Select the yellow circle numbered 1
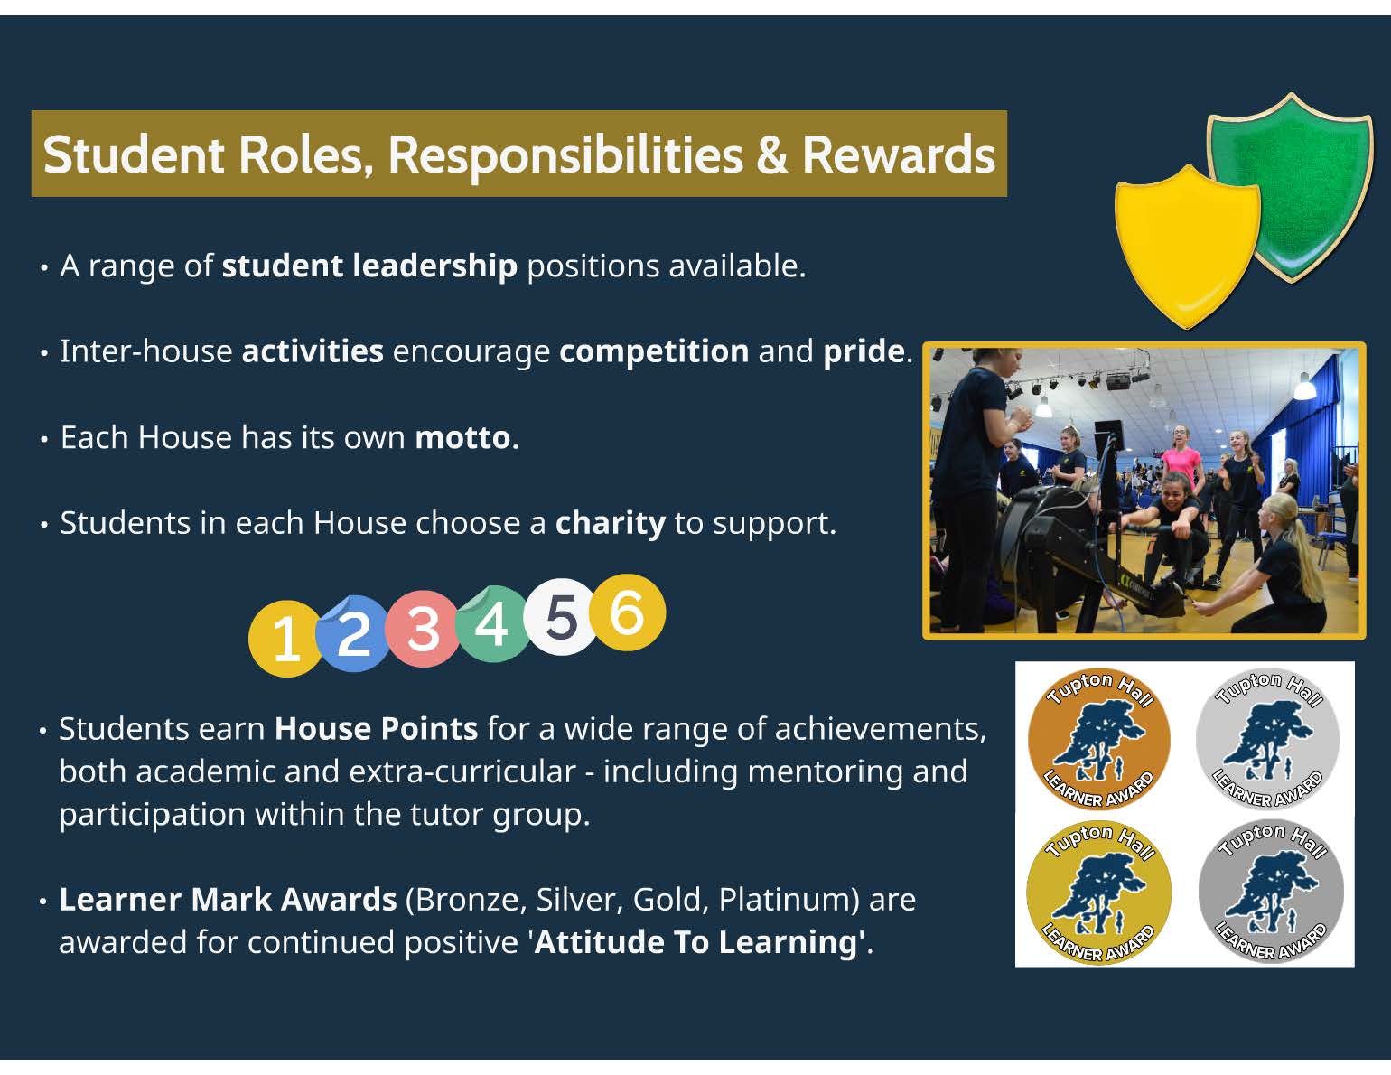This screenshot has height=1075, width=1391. (x=285, y=639)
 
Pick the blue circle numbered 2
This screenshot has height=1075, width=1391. (x=352, y=634)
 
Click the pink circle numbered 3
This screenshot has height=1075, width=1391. (x=422, y=629)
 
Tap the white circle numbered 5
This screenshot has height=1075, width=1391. (x=560, y=617)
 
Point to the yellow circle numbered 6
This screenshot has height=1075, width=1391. (x=628, y=612)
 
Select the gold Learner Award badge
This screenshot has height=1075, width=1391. (x=1098, y=893)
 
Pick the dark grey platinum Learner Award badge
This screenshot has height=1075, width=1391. (x=1271, y=893)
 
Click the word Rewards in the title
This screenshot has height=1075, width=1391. (x=898, y=154)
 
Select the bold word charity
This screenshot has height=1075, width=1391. (x=610, y=524)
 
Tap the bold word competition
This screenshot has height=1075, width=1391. (x=654, y=351)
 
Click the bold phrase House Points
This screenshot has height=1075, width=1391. (x=376, y=729)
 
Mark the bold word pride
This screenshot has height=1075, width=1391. (x=864, y=351)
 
